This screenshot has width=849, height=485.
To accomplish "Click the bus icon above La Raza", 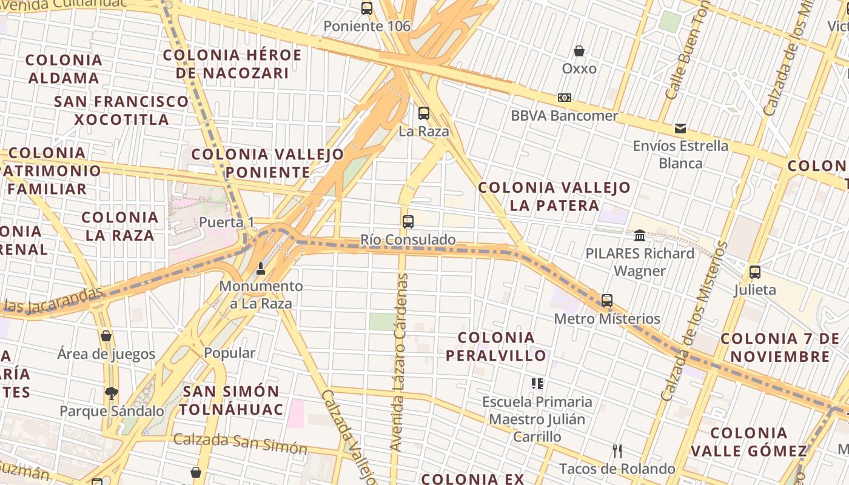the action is [x=423, y=113].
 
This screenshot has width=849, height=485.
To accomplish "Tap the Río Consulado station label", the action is [x=408, y=240].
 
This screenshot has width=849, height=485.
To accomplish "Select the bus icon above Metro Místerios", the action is [x=606, y=300].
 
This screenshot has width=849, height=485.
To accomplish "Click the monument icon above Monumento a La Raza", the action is [x=261, y=268].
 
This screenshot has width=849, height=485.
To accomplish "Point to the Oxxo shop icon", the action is [x=579, y=51].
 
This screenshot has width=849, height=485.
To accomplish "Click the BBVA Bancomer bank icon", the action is [x=564, y=98].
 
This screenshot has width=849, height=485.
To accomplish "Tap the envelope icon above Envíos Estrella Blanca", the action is [x=680, y=129].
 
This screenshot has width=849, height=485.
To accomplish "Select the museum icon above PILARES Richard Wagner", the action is [x=640, y=235].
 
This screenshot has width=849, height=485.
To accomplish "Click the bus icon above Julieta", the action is [x=754, y=272].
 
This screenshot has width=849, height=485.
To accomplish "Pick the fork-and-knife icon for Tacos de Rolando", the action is [x=617, y=450].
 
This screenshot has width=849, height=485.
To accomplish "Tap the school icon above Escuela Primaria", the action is [x=537, y=383].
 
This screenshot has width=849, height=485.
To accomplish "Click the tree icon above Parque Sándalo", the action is [x=111, y=393].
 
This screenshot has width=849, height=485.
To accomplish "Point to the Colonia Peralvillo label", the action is [x=496, y=346].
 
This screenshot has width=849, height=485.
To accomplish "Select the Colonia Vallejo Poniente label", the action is [x=267, y=163].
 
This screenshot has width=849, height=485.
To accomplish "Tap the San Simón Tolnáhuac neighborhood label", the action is [x=231, y=400].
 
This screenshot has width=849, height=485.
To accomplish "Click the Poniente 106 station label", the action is [x=366, y=26].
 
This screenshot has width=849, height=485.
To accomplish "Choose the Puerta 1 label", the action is [x=226, y=222].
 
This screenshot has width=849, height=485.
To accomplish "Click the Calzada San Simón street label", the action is [x=240, y=443].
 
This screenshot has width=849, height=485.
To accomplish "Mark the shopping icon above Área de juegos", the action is [x=106, y=336].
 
